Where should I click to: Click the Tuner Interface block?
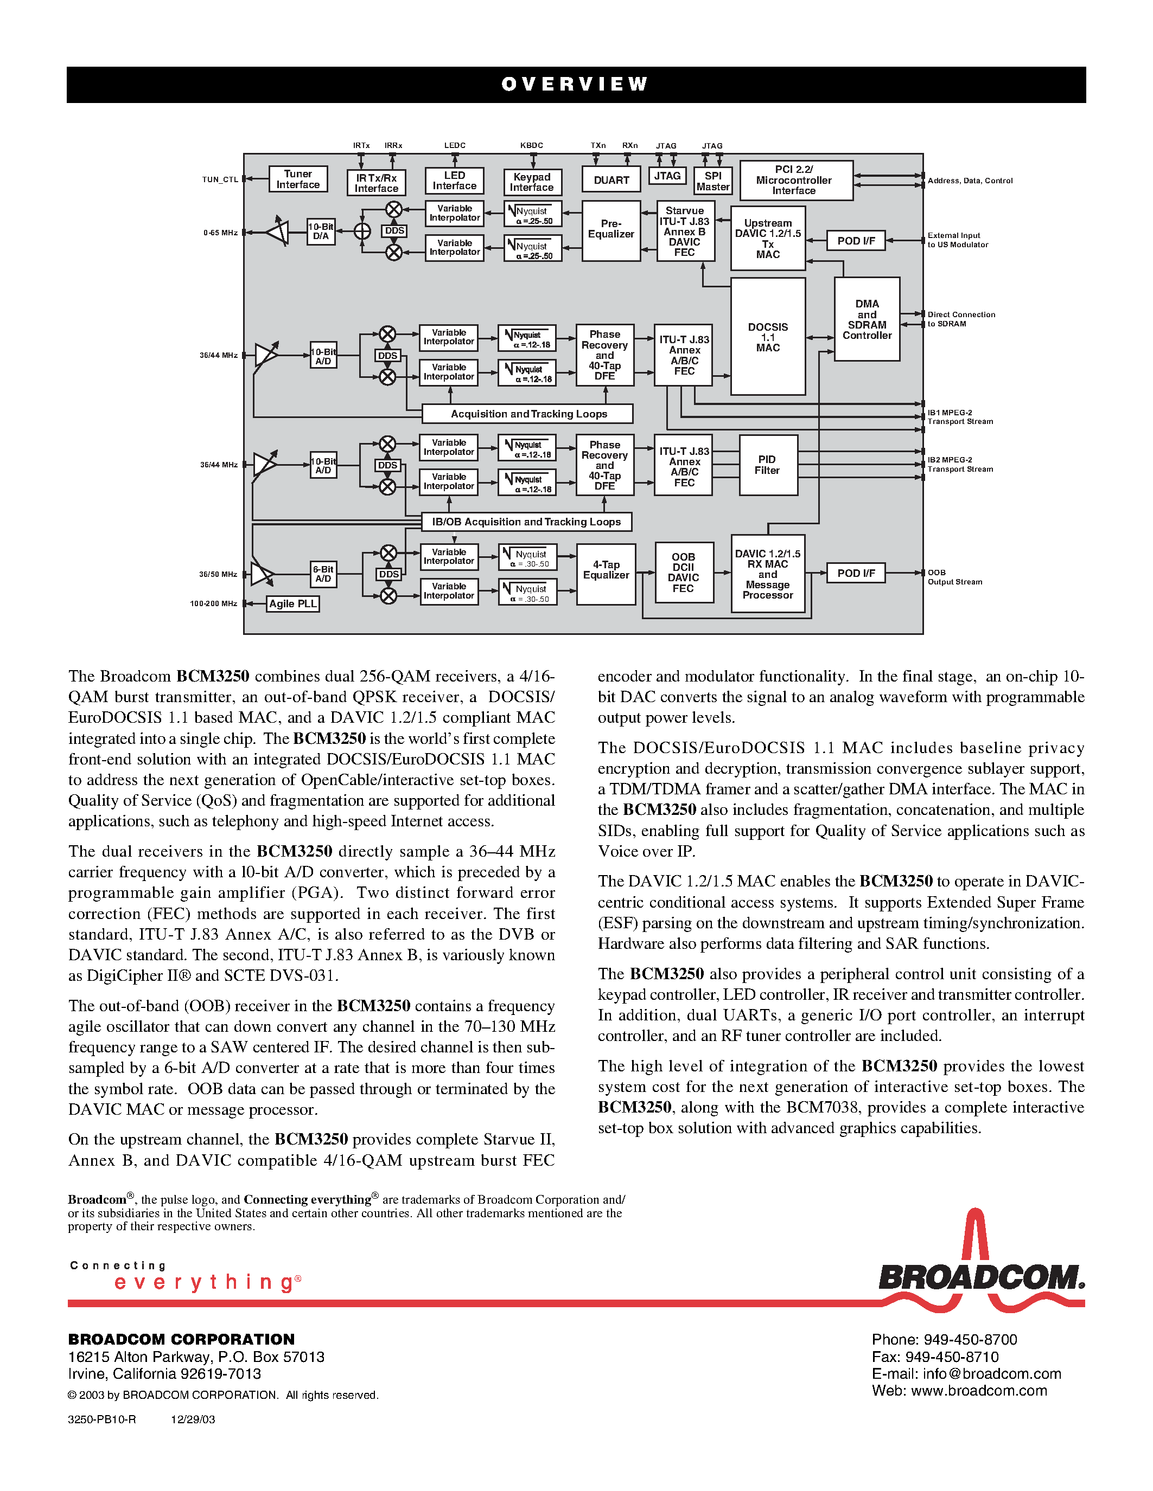[x=298, y=179]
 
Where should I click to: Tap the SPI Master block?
[x=712, y=181]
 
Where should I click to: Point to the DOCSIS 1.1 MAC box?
[x=768, y=337]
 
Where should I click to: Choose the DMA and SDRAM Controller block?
[x=867, y=319]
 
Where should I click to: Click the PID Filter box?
[x=768, y=465]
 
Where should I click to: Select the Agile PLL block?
[x=292, y=603]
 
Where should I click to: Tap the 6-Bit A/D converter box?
[x=323, y=574]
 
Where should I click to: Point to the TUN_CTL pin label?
[x=220, y=179]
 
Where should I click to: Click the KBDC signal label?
[x=531, y=145]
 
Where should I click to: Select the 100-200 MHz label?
[x=213, y=603]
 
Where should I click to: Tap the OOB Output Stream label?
[x=954, y=577]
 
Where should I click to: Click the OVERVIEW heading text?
[x=575, y=84]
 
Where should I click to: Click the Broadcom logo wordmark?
[x=981, y=1277]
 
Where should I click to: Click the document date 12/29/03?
[x=193, y=1419]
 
